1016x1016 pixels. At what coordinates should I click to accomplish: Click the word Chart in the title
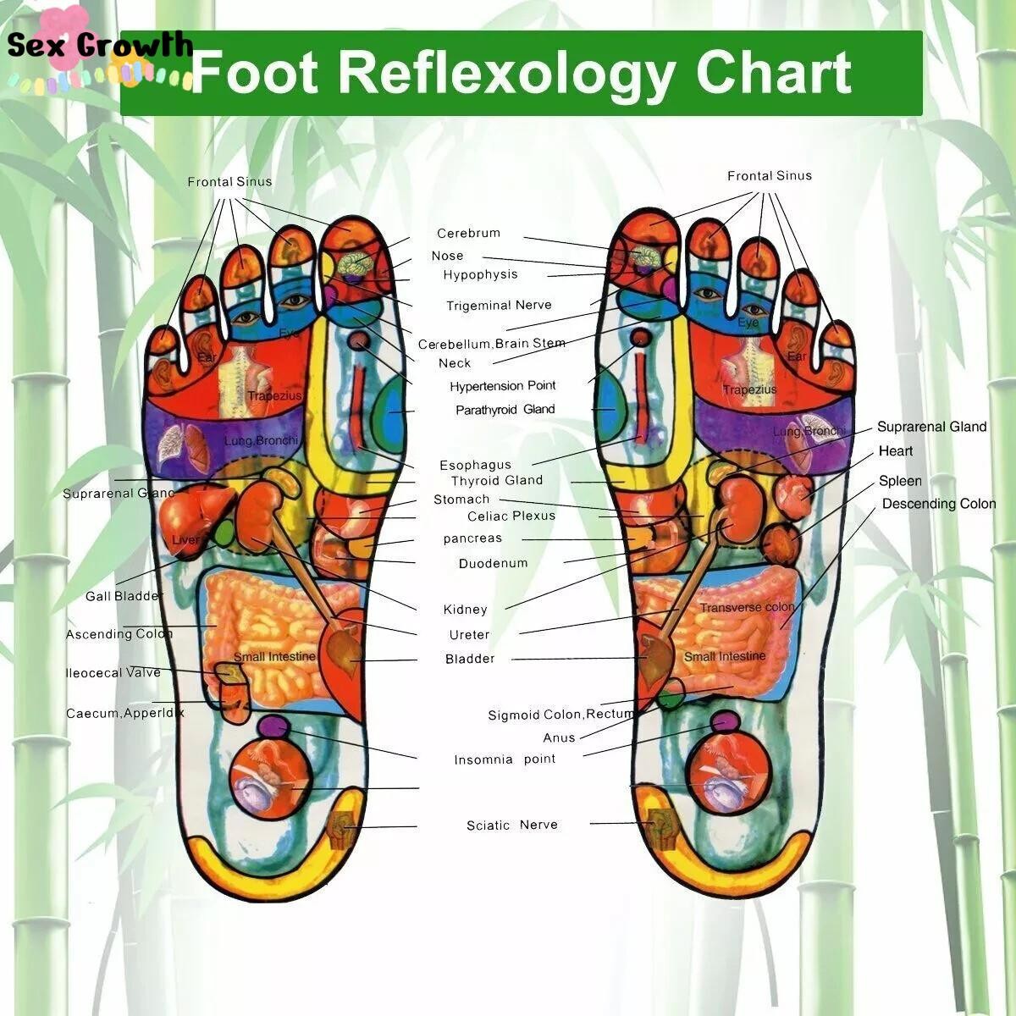tap(773, 73)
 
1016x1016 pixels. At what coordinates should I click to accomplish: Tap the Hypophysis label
tap(480, 275)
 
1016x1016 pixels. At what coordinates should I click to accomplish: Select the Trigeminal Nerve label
tap(499, 306)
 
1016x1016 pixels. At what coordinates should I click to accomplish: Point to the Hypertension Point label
tap(503, 386)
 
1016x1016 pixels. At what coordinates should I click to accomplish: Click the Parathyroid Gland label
tap(505, 410)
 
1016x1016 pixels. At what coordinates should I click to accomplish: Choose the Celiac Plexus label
tap(511, 516)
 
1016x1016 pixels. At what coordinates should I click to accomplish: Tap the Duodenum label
tap(493, 564)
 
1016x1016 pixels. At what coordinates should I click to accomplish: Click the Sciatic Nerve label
tap(511, 825)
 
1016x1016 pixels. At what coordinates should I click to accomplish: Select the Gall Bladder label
tap(123, 597)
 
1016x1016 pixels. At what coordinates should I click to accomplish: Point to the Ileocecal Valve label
tap(113, 673)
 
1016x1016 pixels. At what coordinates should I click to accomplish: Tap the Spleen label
tap(900, 481)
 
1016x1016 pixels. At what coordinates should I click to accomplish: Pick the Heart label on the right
tap(895, 451)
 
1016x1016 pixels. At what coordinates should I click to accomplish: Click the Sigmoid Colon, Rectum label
tap(560, 715)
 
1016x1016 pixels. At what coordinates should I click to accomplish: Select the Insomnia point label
tap(505, 759)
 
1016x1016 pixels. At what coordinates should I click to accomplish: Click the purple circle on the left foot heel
tap(272, 726)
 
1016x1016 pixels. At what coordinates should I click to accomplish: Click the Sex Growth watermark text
tap(100, 45)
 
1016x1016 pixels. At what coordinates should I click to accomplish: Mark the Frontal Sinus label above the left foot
tap(229, 182)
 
